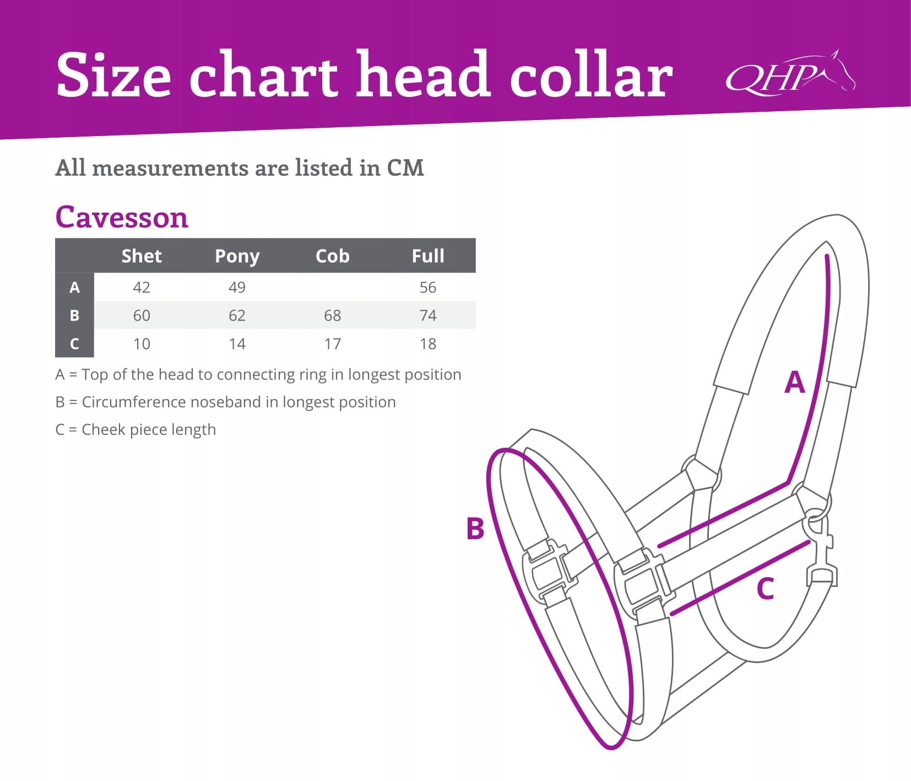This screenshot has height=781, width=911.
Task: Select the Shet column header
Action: coord(142,256)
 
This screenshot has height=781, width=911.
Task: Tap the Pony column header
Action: coord(237,256)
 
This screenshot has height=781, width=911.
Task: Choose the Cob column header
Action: coord(332,256)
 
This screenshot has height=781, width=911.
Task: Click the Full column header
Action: coord(428,256)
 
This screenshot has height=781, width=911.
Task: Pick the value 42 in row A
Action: coord(142,288)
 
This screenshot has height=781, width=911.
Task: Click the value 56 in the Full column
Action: coord(428,288)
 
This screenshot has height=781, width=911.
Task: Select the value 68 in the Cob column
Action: coord(332,316)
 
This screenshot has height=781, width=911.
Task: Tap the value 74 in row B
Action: coord(428,316)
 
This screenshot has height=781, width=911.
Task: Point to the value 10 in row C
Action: coord(142,344)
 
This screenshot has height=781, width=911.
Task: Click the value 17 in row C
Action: coord(332,344)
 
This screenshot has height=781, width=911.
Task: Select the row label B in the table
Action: coord(74,316)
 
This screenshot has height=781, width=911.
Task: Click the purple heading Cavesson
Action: coord(122,218)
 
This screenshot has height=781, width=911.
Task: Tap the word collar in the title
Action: coord(590,75)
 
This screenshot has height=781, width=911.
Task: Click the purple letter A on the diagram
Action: coord(794,382)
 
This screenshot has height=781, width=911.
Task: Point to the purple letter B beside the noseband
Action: coord(475,528)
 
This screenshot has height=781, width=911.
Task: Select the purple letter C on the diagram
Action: coord(765,589)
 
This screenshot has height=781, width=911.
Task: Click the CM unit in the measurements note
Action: coord(405,168)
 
